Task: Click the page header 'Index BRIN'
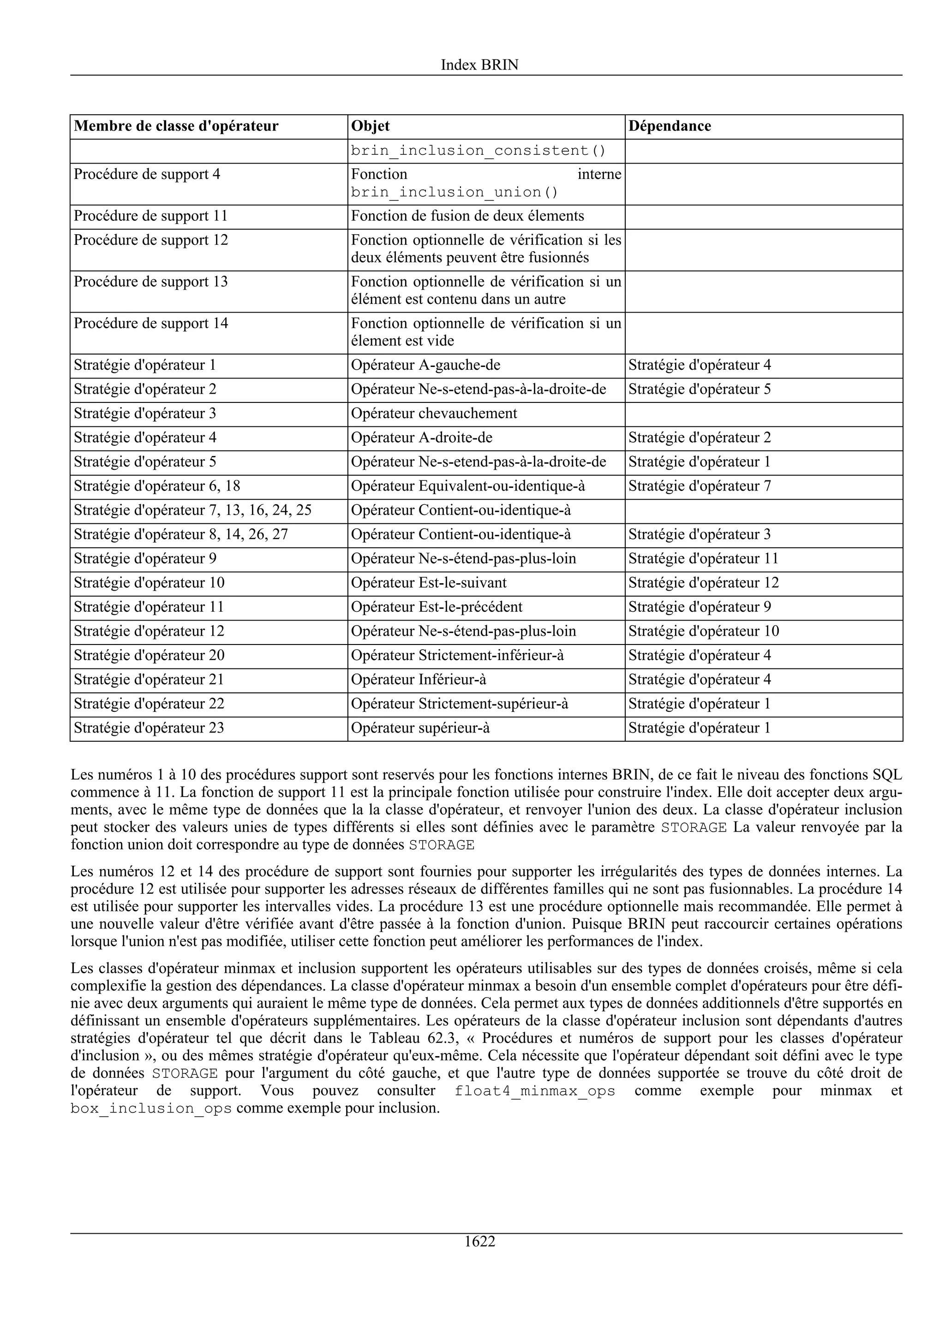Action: click(x=479, y=65)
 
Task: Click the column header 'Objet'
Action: click(x=371, y=126)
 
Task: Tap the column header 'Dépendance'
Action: click(x=670, y=126)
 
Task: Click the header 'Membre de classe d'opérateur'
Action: click(x=176, y=126)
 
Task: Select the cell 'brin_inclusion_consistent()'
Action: click(x=478, y=151)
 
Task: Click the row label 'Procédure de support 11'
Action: click(x=150, y=217)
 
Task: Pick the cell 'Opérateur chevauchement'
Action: click(x=434, y=414)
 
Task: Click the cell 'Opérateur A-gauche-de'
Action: click(x=425, y=366)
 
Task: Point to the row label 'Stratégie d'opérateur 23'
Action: click(x=149, y=728)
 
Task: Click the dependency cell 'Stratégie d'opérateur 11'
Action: click(x=703, y=559)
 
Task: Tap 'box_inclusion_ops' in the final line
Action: click(x=151, y=1108)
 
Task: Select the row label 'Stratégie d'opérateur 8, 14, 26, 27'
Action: click(x=180, y=535)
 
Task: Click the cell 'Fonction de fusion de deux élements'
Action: click(x=467, y=217)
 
